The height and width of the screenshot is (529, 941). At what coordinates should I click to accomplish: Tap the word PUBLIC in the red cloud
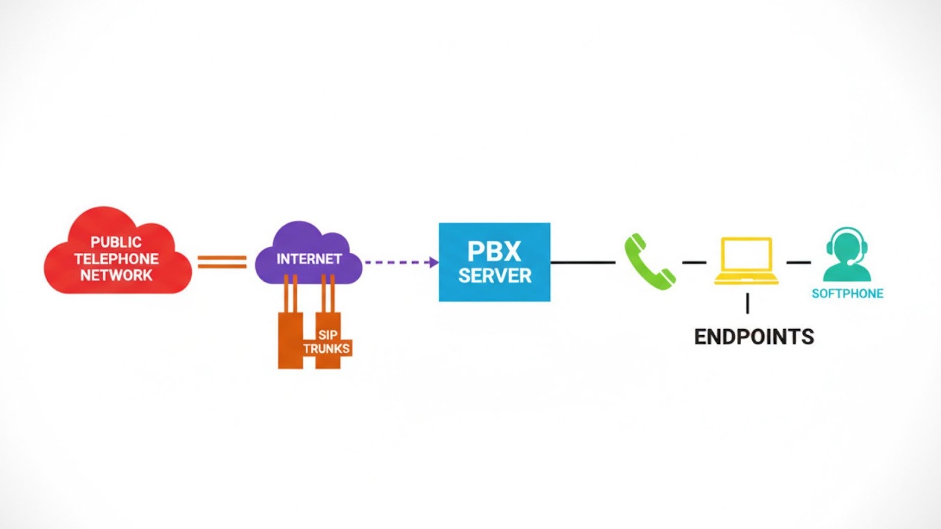116,242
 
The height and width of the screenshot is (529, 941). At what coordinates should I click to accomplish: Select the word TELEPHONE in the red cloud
116,259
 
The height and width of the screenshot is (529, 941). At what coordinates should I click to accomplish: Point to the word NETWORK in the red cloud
116,275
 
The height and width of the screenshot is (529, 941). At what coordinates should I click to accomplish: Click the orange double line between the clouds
222,262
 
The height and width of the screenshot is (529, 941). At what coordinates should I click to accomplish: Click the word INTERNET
309,259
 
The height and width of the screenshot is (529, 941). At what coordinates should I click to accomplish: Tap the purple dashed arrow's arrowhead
434,262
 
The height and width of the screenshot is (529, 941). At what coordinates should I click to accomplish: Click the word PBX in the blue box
494,252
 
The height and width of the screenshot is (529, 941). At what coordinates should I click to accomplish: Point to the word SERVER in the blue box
495,276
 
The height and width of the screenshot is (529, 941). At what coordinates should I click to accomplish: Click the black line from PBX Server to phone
582,262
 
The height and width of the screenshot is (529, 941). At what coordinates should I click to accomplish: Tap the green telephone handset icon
649,262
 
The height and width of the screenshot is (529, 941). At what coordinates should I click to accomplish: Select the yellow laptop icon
746,261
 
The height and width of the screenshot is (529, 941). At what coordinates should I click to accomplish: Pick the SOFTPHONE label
847,294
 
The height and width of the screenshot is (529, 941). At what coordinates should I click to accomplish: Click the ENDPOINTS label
754,337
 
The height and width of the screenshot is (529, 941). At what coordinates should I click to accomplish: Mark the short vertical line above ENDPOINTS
748,303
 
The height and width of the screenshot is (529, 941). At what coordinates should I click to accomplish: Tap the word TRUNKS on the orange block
326,349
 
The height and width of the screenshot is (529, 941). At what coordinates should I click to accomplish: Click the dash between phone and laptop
694,262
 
